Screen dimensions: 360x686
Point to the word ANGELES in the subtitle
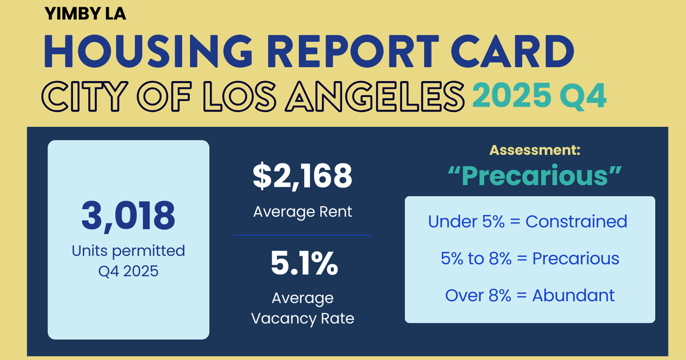(x=373, y=95)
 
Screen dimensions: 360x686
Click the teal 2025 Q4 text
(x=539, y=95)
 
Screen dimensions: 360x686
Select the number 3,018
(x=128, y=216)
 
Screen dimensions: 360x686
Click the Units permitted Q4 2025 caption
(x=128, y=260)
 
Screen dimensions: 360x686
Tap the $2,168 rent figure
(x=302, y=177)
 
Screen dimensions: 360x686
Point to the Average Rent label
(x=302, y=212)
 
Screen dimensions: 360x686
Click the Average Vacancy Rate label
(x=302, y=308)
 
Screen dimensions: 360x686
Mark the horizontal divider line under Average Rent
(x=302, y=235)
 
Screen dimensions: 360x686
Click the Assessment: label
(x=535, y=151)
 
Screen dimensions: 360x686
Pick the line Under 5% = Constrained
(x=528, y=221)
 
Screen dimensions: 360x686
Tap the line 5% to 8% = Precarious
(x=530, y=258)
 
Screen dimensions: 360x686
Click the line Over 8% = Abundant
(x=530, y=295)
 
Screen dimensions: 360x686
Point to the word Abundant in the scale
(x=573, y=295)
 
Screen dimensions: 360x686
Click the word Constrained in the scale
(x=576, y=221)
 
